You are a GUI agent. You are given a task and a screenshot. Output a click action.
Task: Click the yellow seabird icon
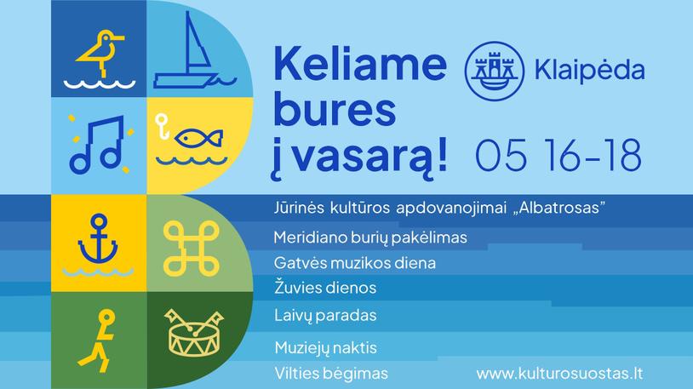100,54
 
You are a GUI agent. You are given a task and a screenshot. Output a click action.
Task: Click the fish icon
198,139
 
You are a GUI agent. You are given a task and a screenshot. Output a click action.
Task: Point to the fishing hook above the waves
163,127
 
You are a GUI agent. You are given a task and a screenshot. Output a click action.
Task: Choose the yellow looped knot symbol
191,249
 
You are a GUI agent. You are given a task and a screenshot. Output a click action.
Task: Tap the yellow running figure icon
98,340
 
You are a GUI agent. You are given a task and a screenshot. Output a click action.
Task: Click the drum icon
194,333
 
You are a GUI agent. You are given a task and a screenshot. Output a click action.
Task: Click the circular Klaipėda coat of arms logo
495,71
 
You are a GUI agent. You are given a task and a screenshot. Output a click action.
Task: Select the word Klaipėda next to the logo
590,71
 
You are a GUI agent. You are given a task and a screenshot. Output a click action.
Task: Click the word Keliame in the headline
360,64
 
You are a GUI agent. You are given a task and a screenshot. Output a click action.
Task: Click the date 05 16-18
558,155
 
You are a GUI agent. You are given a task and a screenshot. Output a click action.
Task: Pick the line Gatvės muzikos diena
354,263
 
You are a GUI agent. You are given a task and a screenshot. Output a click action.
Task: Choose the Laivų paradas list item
325,316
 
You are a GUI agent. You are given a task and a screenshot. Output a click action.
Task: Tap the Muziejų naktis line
326,348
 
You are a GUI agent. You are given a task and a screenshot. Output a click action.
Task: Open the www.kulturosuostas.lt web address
559,373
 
